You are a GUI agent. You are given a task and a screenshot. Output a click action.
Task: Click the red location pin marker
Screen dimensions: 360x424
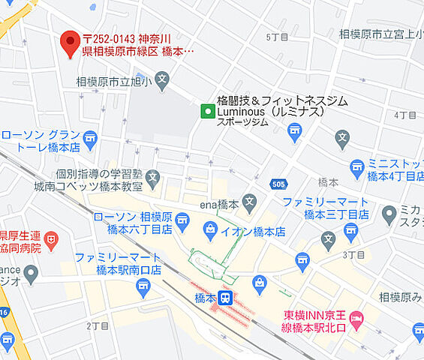[70, 42]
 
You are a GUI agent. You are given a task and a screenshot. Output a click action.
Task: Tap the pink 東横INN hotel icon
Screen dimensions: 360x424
[357, 319]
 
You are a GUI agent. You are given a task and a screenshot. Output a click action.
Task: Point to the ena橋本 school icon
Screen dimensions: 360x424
[249, 201]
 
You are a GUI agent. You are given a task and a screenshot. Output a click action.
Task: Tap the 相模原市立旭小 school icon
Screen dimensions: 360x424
[162, 79]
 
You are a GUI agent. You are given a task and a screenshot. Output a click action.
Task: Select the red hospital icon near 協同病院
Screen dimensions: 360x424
[50, 241]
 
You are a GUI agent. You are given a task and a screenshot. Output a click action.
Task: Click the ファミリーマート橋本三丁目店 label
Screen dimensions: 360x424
[326, 208]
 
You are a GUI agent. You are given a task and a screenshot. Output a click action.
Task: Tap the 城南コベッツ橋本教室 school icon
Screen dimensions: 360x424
[153, 178]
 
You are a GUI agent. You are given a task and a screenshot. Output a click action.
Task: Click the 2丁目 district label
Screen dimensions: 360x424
[98, 325]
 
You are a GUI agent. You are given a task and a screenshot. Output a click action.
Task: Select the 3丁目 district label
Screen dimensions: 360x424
[353, 255]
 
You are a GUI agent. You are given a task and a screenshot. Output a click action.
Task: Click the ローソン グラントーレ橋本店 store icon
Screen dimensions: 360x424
[90, 139]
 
